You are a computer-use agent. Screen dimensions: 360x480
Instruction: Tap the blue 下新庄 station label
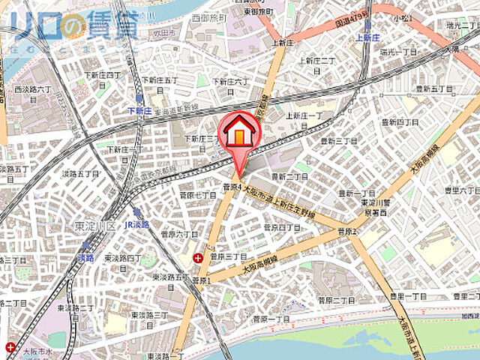(x=140, y=110)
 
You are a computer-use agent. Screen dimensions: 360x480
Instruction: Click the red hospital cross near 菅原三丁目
(x=197, y=259)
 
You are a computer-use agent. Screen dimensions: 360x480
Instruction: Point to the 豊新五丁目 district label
(x=429, y=89)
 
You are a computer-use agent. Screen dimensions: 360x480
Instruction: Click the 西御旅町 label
(x=208, y=15)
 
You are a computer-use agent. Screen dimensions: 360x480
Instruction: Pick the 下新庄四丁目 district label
(x=102, y=75)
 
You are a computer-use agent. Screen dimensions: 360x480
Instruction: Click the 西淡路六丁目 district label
(x=32, y=90)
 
